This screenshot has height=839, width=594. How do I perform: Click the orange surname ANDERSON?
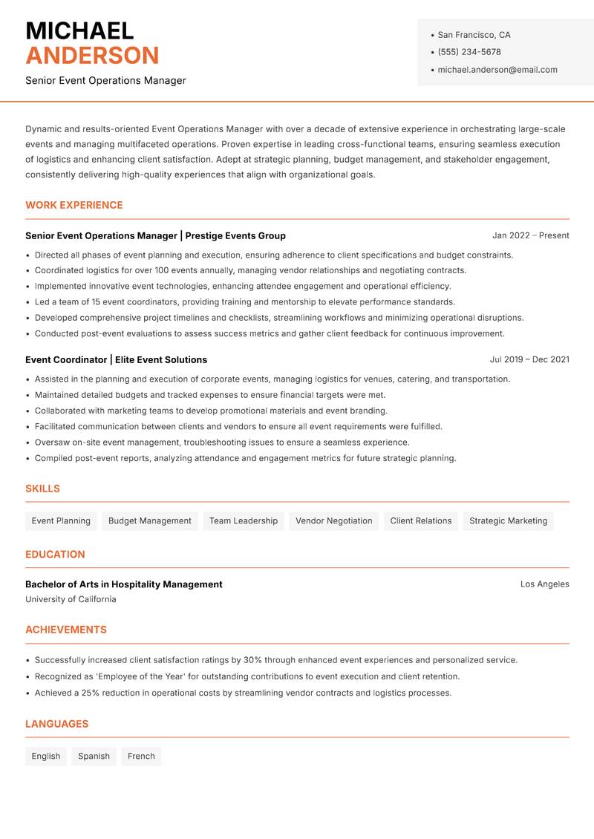[92, 56]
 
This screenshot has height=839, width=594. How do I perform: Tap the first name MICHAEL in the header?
[79, 31]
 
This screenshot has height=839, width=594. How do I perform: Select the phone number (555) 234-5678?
[469, 52]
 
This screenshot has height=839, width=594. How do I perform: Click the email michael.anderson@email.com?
[497, 70]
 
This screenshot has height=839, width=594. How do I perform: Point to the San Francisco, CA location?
[474, 35]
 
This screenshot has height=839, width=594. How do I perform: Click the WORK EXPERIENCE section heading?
[74, 205]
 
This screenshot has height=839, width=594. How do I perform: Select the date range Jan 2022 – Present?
[530, 235]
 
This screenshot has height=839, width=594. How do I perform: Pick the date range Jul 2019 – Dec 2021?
[529, 359]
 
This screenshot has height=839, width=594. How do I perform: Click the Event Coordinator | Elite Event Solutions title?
[116, 359]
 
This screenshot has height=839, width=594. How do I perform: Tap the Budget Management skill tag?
[150, 520]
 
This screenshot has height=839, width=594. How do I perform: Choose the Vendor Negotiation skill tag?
[333, 520]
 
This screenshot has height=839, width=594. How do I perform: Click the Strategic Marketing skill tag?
[508, 520]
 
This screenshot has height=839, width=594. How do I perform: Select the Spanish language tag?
[94, 756]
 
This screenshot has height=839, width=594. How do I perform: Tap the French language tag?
[141, 756]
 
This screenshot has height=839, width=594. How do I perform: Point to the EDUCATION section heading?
[55, 554]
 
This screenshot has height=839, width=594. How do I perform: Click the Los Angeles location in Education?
[544, 584]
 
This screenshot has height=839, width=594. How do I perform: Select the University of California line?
[71, 599]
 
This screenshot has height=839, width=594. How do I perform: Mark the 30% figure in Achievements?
[252, 660]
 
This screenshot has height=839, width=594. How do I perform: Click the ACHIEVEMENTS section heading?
[66, 630]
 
